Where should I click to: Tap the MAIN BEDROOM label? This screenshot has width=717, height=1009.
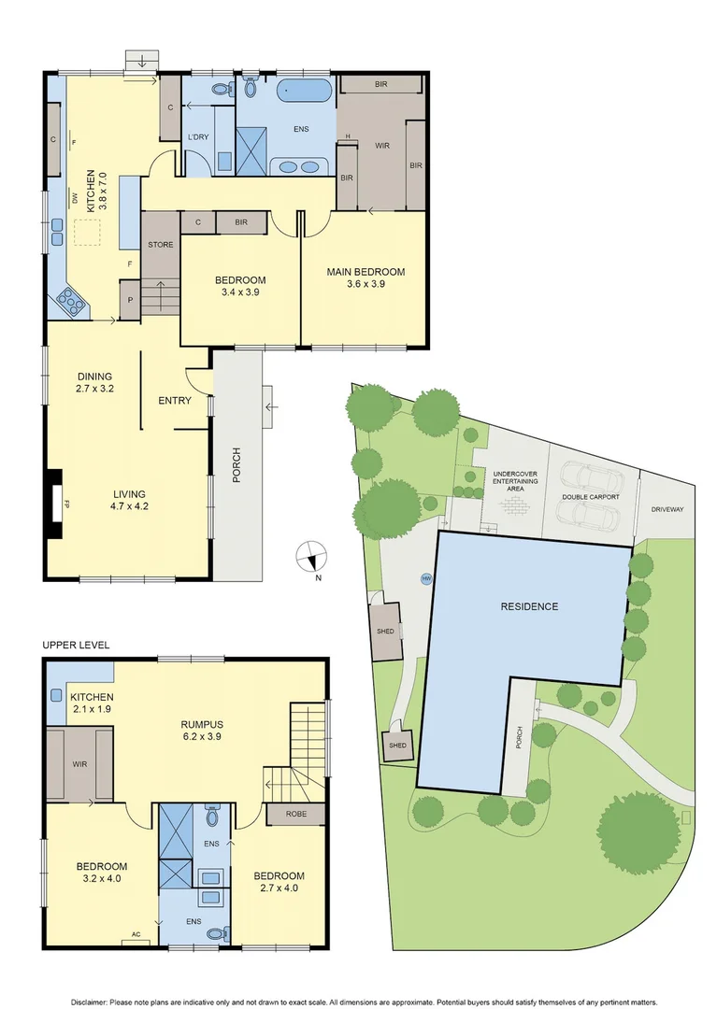[366, 272]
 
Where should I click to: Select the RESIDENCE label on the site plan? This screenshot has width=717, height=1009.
[529, 606]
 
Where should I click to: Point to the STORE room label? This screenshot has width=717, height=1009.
[160, 245]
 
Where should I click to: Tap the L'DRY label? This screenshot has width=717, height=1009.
[197, 138]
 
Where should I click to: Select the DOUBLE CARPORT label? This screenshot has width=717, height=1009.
[591, 497]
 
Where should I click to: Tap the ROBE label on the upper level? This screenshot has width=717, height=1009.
[296, 814]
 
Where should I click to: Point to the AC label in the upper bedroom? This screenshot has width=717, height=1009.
[136, 933]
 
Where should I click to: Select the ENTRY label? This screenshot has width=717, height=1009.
[175, 401]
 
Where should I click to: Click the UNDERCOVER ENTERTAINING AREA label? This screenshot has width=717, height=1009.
[515, 480]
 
